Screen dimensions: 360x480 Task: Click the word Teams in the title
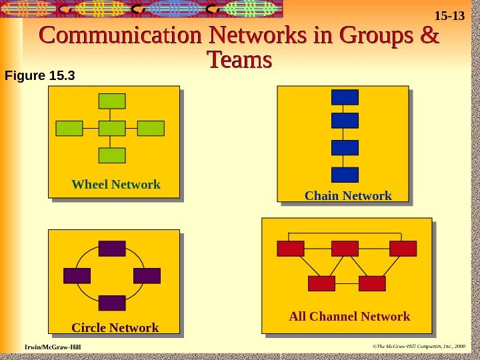(x=240, y=61)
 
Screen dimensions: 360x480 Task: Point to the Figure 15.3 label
(x=39, y=75)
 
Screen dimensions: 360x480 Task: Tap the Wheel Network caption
(x=116, y=185)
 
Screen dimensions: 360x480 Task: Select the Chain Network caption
(x=348, y=196)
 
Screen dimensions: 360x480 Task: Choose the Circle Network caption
(x=115, y=328)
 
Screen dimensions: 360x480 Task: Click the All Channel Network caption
(x=349, y=316)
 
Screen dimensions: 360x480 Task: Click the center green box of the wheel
(x=112, y=128)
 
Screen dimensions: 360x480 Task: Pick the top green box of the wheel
(x=112, y=101)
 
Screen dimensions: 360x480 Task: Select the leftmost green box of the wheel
(x=69, y=128)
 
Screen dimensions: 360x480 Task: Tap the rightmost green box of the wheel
(x=151, y=128)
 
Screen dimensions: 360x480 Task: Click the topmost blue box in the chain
(x=345, y=97)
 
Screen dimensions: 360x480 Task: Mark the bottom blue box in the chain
(x=345, y=175)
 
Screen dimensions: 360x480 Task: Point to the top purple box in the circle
(x=112, y=249)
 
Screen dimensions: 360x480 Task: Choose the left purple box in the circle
(x=77, y=275)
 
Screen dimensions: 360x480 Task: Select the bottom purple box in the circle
(x=112, y=303)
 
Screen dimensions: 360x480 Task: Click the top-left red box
(x=291, y=249)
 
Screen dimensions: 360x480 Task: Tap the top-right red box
(x=403, y=249)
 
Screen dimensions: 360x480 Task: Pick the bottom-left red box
(x=321, y=283)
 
